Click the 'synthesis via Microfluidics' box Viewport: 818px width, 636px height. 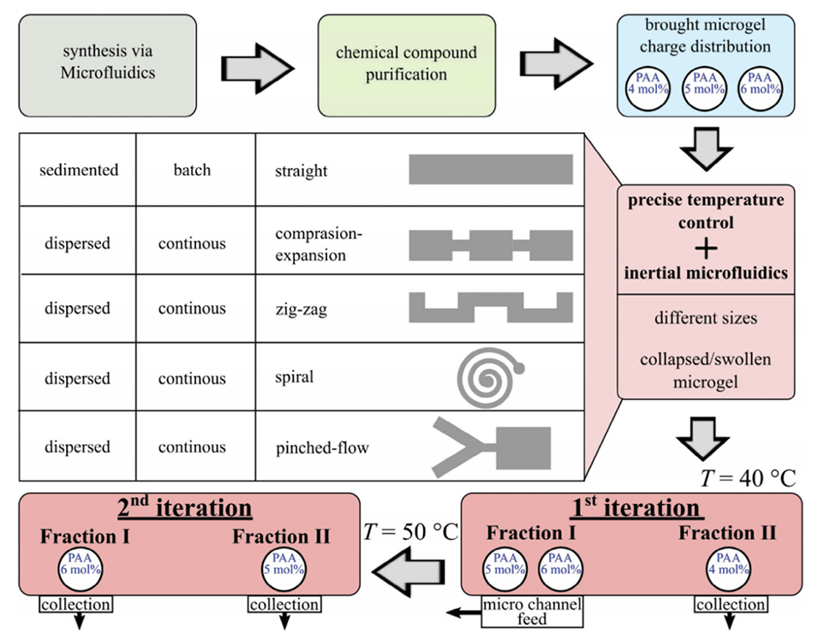pyautogui.click(x=108, y=64)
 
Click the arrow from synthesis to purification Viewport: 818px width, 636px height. pyautogui.click(x=256, y=65)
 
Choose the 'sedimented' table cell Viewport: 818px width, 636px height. pyautogui.click(x=79, y=170)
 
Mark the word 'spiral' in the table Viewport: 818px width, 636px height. pyautogui.click(x=295, y=378)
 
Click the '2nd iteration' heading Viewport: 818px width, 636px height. pyautogui.click(x=185, y=508)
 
